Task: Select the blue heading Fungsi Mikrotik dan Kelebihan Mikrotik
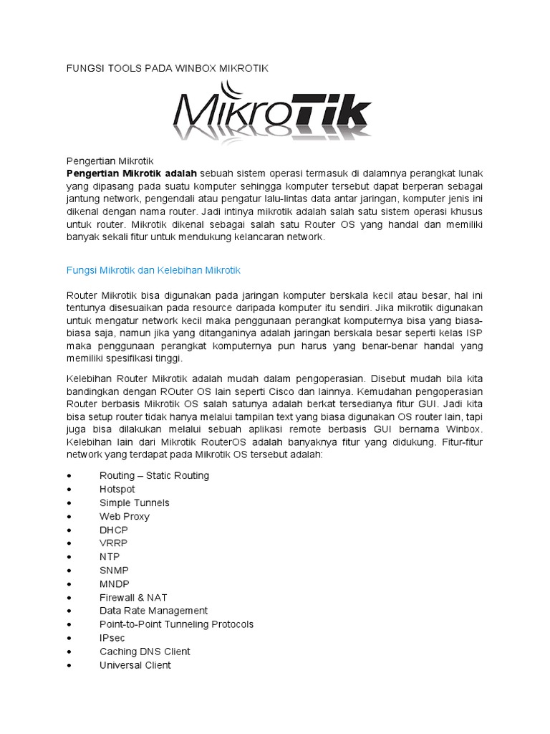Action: pyautogui.click(x=154, y=270)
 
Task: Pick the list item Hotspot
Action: pyautogui.click(x=117, y=489)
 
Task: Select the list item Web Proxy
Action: pyautogui.click(x=125, y=516)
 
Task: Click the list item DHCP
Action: pyautogui.click(x=114, y=530)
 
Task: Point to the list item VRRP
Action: pyautogui.click(x=114, y=543)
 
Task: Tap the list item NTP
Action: pyautogui.click(x=110, y=556)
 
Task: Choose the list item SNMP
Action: pyautogui.click(x=115, y=570)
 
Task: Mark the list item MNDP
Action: pyautogui.click(x=115, y=583)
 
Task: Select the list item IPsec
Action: pyautogui.click(x=112, y=638)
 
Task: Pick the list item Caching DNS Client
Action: pyautogui.click(x=145, y=652)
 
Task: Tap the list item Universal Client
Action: pyautogui.click(x=135, y=665)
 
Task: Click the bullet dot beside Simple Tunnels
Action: pyautogui.click(x=68, y=503)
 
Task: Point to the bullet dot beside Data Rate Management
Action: pyautogui.click(x=68, y=611)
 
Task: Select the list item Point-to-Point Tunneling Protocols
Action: pyautogui.click(x=176, y=624)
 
